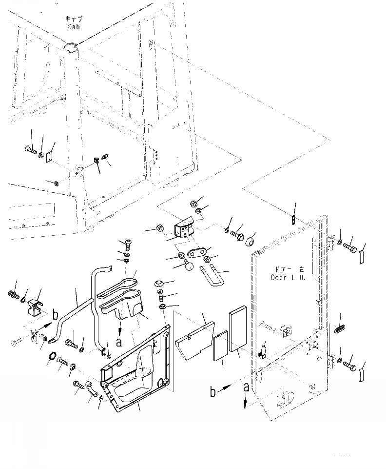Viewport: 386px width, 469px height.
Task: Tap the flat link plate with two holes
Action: tap(195, 253)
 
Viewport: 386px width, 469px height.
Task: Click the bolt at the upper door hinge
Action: tap(350, 247)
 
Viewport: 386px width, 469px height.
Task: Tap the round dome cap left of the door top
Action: tap(252, 241)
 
